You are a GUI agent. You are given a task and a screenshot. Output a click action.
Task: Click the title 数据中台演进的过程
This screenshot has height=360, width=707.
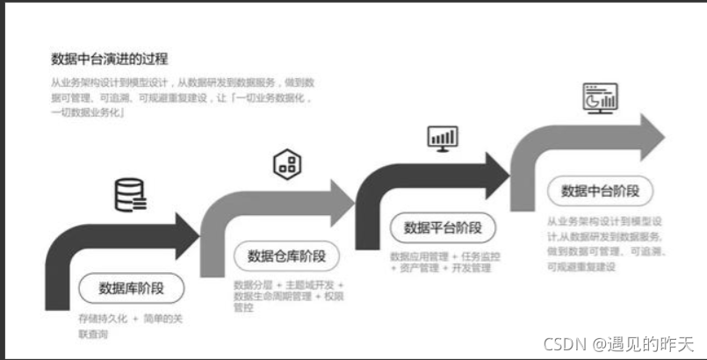point(109,59)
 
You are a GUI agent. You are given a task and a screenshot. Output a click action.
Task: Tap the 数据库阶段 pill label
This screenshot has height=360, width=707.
point(129,287)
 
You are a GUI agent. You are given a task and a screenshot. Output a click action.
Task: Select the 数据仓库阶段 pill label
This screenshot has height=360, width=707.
point(286,256)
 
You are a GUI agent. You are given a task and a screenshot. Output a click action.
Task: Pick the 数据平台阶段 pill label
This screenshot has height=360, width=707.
point(444,227)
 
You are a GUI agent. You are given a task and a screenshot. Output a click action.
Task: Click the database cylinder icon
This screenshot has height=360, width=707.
point(130,195)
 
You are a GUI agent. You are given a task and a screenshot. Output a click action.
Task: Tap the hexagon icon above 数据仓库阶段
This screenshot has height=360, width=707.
point(287,163)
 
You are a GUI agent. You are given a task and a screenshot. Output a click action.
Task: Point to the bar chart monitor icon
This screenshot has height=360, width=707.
point(442,137)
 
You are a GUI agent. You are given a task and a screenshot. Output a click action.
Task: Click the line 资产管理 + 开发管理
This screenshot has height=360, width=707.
point(444,268)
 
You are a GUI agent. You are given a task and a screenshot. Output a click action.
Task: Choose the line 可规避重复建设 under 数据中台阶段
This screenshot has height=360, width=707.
point(581,266)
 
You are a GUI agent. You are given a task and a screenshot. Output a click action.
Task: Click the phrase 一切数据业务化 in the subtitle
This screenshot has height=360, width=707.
point(89,112)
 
